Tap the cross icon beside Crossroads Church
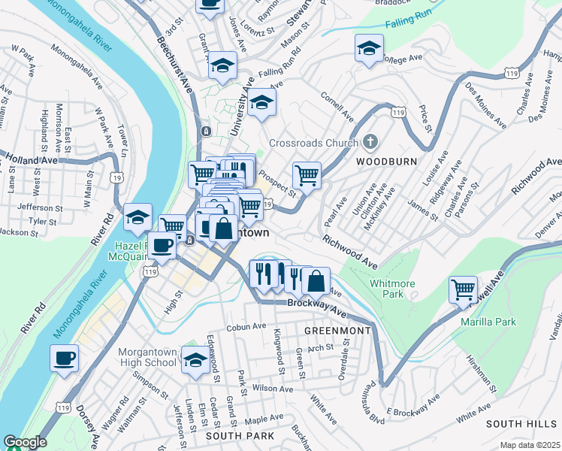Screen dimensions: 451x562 [x=369, y=141]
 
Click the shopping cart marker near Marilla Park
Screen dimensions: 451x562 [x=463, y=289]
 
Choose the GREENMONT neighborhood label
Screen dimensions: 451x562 [x=337, y=331]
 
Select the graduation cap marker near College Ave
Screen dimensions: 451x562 [x=367, y=50]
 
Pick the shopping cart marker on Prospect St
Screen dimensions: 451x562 [x=307, y=175]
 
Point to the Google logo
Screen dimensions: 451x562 [x=25, y=442]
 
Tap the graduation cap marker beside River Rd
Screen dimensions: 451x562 [x=137, y=218]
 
